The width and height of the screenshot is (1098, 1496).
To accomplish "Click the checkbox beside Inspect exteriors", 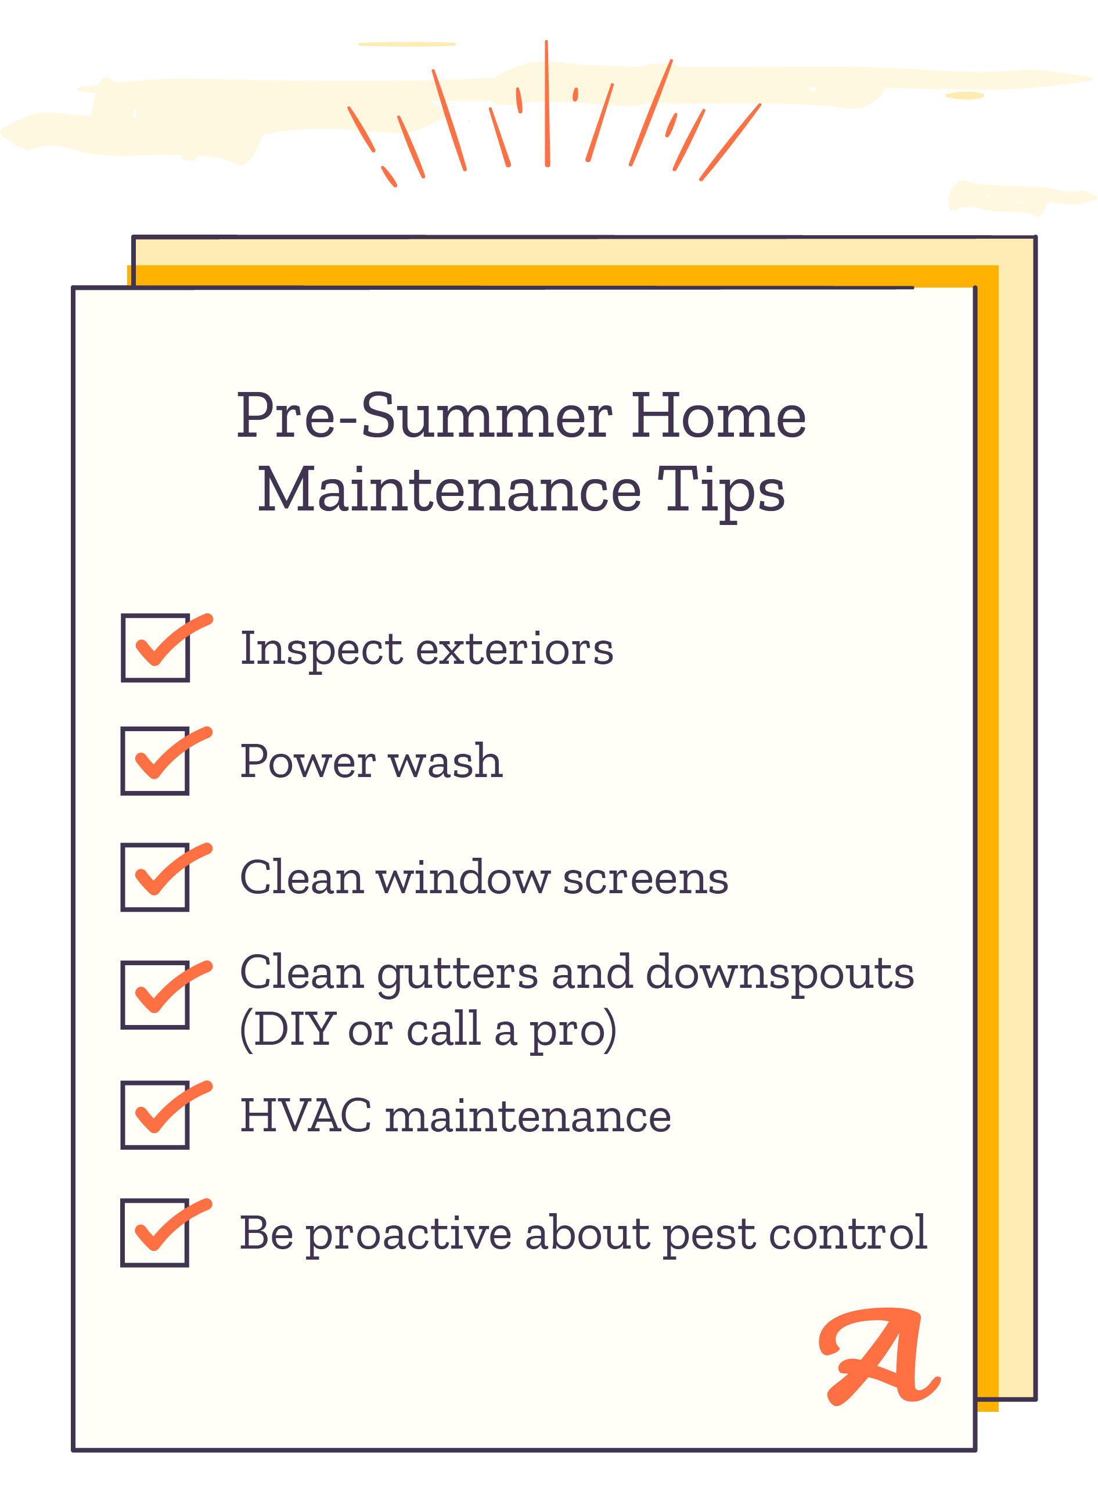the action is [x=156, y=648].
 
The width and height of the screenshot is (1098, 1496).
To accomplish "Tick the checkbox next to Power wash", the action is [x=155, y=761].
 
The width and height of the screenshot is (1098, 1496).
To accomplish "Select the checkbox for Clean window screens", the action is [x=155, y=878].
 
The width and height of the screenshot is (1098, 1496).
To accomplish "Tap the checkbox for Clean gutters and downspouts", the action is [x=155, y=995].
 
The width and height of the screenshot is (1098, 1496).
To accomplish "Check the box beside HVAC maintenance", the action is [x=155, y=1115].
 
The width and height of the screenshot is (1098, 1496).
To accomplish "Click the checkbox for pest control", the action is [x=155, y=1233].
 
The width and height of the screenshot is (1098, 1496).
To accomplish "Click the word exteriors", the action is [x=514, y=649].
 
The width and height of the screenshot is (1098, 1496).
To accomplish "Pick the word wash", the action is [x=445, y=761].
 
